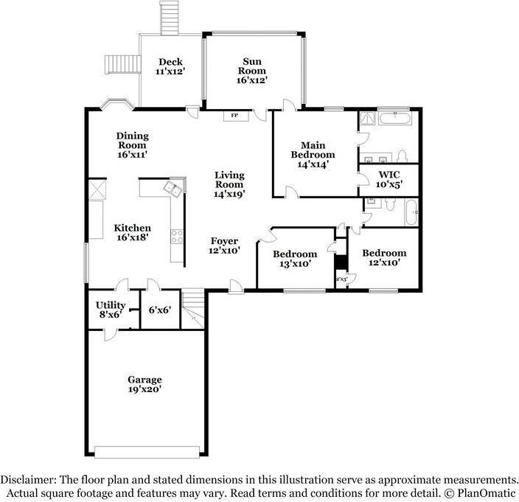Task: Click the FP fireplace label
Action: coord(234,116)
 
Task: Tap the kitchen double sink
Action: coord(173,189)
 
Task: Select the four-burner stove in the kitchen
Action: coord(177,237)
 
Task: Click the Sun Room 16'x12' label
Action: coord(252,71)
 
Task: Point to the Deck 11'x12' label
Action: coord(170,66)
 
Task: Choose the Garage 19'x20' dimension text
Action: coord(144,384)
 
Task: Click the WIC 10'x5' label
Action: coord(389,179)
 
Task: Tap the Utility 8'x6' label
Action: coord(111,310)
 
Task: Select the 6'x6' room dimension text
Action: coord(160,310)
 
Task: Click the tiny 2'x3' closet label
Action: coord(341,279)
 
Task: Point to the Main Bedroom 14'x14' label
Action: coord(313,155)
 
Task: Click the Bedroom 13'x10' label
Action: coord(295,259)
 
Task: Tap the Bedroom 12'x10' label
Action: coord(384,258)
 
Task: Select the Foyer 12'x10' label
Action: coord(224,245)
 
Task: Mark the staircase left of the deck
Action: coord(123,64)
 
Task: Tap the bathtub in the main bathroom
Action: coord(395,118)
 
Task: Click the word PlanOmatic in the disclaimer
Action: coord(487,493)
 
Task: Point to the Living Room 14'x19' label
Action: coord(229,184)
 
